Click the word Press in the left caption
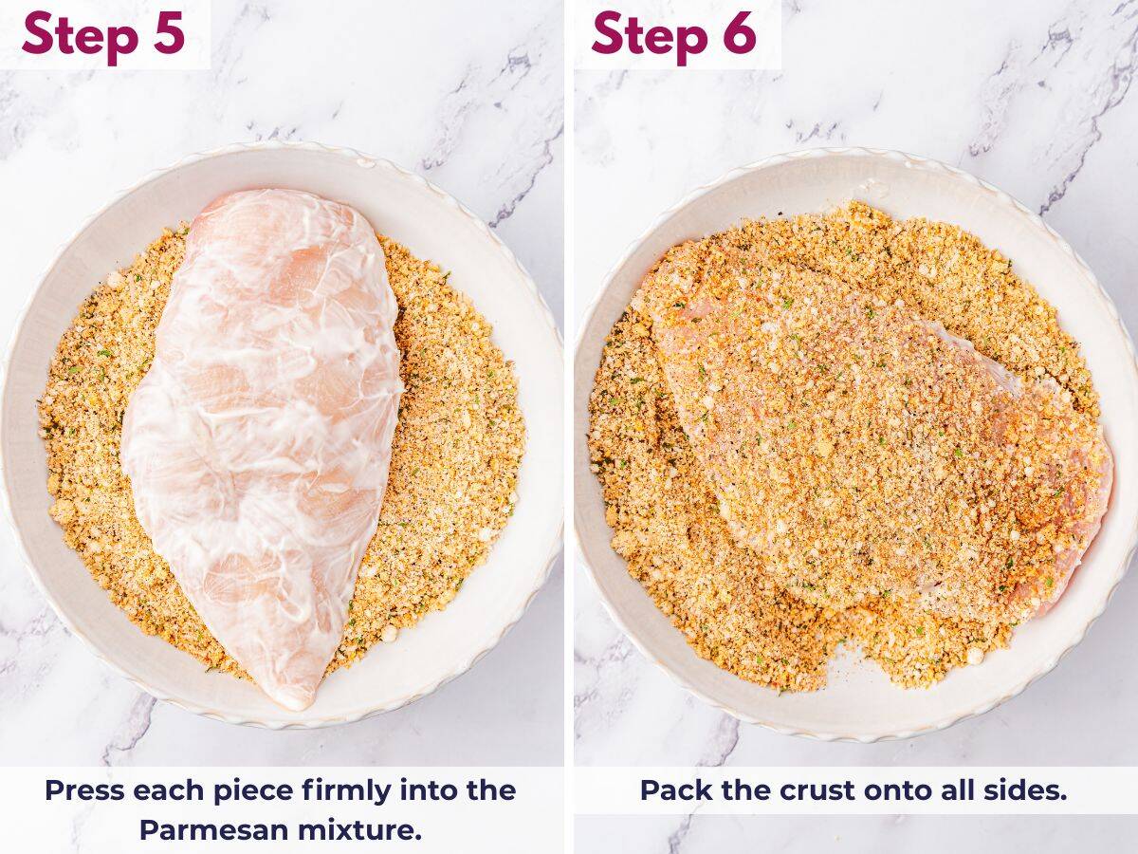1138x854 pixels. pos(84,790)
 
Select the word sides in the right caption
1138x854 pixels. pos(1025,790)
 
